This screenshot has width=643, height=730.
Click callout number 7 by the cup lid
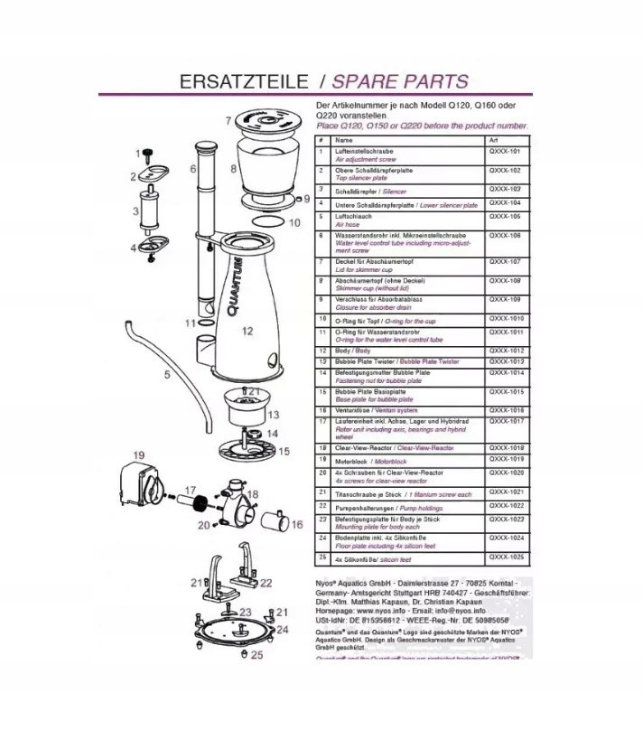click(x=228, y=118)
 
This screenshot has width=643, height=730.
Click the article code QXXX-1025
click(x=506, y=558)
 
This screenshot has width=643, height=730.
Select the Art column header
click(x=493, y=141)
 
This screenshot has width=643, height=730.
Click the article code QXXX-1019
click(x=506, y=459)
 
